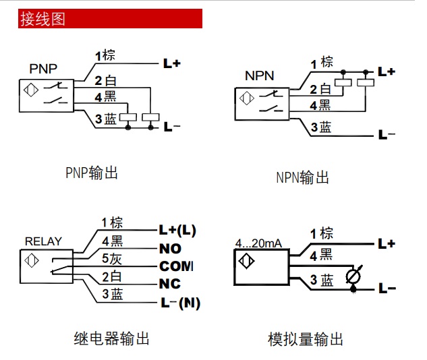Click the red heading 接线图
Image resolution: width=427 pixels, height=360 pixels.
pos(42,18)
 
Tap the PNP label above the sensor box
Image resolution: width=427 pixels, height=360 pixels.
pos(43,69)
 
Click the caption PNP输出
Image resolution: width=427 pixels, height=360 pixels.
pos(92,173)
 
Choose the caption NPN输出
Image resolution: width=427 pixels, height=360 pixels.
pos(303,178)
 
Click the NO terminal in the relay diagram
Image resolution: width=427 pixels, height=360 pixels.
pos(170,249)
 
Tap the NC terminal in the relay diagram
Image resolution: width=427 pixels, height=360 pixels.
pos(170,284)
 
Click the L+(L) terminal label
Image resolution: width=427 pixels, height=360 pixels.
pos(177,231)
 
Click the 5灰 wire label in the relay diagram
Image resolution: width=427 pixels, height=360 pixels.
pos(112,258)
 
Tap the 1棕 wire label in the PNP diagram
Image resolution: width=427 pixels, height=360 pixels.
pos(105,56)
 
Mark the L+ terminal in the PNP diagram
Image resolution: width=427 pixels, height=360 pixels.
pos(172,63)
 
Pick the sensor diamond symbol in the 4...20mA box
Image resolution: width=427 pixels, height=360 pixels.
pos(246,262)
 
